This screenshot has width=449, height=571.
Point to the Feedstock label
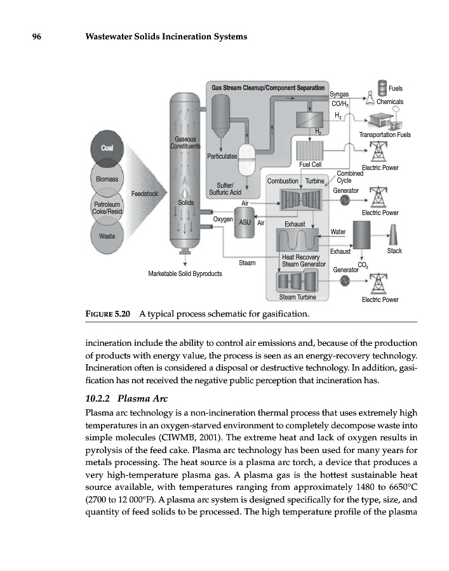[x=147, y=192]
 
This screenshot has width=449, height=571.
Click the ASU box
[x=245, y=223]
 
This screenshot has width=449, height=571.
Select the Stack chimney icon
[x=393, y=235]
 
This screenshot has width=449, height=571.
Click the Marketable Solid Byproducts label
[x=185, y=274]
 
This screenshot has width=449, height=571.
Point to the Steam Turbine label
[x=298, y=296]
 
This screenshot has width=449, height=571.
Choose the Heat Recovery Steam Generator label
[x=303, y=260]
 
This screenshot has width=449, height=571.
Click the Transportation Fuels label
[x=385, y=135]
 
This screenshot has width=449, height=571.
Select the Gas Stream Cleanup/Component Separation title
[x=268, y=88]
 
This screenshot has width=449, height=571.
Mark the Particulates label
[x=222, y=155]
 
